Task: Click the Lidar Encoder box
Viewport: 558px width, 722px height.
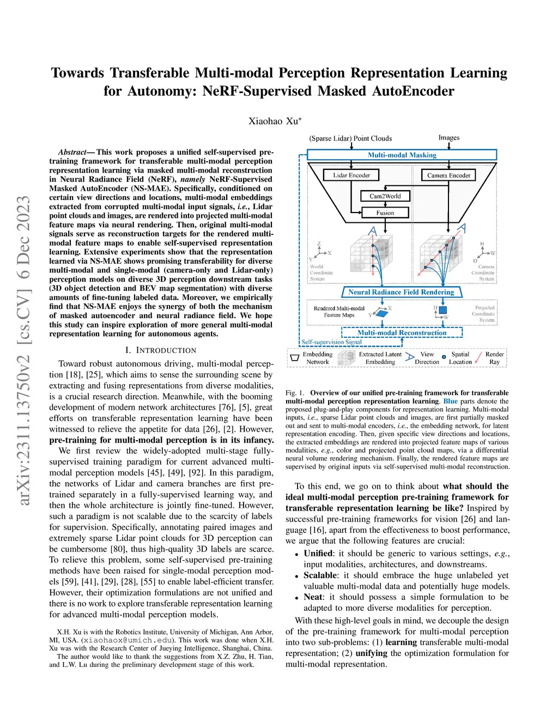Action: [x=351, y=175]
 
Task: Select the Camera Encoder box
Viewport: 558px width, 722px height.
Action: [x=448, y=175]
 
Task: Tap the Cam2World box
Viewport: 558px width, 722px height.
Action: [x=385, y=196]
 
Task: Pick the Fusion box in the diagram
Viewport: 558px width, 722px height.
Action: [x=385, y=213]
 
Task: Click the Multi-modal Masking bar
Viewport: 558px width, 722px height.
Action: [x=402, y=155]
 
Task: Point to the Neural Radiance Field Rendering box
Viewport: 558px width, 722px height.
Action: [x=401, y=292]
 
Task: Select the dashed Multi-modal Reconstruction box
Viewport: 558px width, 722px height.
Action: [x=402, y=332]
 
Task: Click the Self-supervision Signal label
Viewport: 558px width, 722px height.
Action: [x=331, y=342]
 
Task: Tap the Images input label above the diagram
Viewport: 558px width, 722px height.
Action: [x=449, y=138]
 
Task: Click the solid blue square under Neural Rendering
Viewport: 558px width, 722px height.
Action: [x=442, y=310]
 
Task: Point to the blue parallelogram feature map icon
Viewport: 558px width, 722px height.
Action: [x=382, y=313]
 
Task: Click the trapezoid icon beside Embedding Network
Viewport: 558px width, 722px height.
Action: [x=295, y=358]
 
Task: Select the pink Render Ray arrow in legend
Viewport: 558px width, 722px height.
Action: [x=478, y=358]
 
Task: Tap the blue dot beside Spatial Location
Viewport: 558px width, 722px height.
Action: [x=444, y=357]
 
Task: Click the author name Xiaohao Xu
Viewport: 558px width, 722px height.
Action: [x=275, y=121]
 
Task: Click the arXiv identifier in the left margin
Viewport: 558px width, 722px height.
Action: [x=24, y=351]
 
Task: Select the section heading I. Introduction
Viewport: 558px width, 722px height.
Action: [x=161, y=350]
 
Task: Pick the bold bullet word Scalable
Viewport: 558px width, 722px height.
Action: [x=320, y=575]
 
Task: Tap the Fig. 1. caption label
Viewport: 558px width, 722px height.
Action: [x=295, y=393]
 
